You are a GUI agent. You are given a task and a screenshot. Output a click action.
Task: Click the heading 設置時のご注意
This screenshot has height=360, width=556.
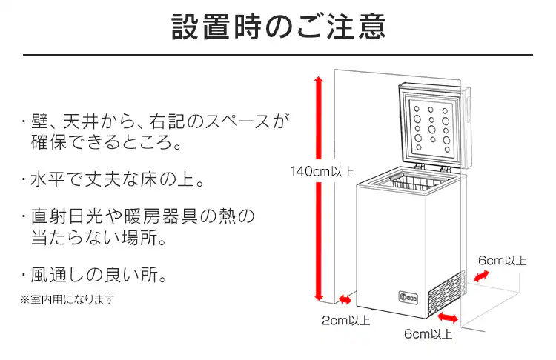[x=278, y=27]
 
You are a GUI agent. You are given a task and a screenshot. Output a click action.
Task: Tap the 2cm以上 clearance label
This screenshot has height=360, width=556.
[x=346, y=321]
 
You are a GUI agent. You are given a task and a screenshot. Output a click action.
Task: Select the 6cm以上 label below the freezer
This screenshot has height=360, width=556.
[x=428, y=334]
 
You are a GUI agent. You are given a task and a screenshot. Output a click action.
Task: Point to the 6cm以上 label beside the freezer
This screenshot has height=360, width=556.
[x=503, y=260]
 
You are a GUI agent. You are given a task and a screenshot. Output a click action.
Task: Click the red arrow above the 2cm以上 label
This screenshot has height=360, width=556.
[x=345, y=299]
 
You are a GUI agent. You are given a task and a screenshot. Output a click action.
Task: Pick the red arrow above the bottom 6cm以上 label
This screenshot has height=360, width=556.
[x=448, y=318]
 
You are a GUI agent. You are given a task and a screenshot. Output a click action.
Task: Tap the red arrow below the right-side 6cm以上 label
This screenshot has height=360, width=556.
[x=482, y=276]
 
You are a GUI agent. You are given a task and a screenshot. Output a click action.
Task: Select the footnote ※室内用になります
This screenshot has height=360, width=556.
[x=67, y=299]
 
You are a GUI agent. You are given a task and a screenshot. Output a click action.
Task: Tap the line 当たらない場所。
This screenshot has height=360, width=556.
[x=97, y=239]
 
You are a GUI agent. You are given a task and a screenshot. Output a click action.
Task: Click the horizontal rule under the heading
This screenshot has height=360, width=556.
[x=278, y=55]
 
